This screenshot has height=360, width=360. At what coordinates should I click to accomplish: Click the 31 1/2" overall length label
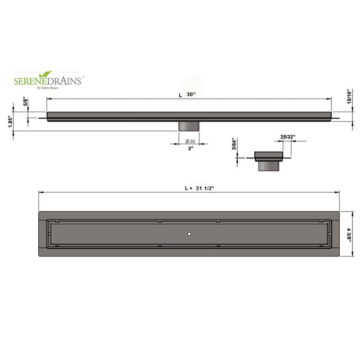coord(204,189)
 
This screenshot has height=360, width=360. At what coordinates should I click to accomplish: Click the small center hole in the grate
coord(189,234)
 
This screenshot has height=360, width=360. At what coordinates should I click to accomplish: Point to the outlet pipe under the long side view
coord(187,126)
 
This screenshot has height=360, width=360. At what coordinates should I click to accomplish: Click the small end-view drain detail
coord(268,159)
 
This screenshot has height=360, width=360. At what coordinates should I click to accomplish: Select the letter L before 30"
coord(180,95)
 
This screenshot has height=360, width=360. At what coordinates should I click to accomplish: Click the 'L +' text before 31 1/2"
coord(187,189)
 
